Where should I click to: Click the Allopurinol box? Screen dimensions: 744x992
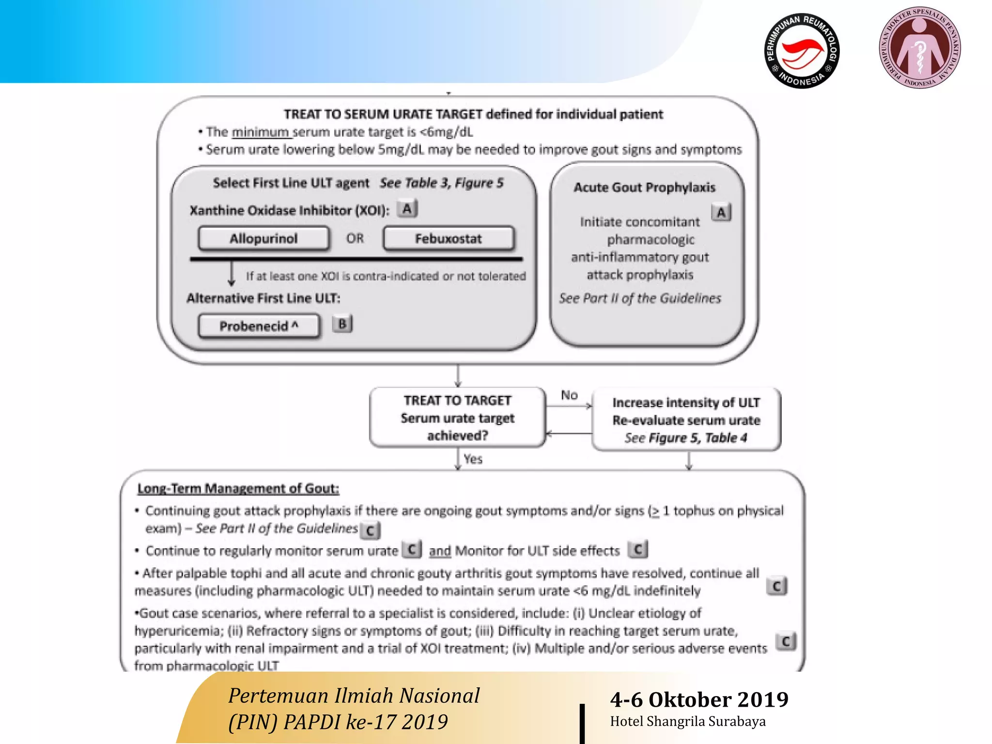[x=263, y=238]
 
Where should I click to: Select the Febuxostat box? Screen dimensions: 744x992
[x=449, y=238]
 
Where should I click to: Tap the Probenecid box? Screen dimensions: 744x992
[x=259, y=326]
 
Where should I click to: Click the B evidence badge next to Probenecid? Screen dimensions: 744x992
[x=342, y=324]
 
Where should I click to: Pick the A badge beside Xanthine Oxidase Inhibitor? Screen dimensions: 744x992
[x=407, y=209]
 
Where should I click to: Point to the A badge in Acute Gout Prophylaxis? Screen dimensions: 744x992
[x=721, y=212]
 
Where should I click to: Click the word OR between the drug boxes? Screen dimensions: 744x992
[x=355, y=238]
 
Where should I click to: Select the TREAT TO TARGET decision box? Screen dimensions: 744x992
[x=457, y=418]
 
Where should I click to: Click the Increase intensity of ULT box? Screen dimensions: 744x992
[x=686, y=419]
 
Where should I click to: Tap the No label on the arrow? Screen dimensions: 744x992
[x=569, y=395]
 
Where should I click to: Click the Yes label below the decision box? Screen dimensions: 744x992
[x=473, y=459]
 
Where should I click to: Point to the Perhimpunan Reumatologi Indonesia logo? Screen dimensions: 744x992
[x=802, y=51]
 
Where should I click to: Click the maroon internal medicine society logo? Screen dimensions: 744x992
[x=919, y=48]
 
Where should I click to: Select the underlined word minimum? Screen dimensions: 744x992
[x=261, y=132]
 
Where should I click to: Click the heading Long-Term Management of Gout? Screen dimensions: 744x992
[x=238, y=488]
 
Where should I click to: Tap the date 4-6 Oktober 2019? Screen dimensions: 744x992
[x=699, y=699]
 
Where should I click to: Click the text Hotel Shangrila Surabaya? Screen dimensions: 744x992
[x=687, y=721]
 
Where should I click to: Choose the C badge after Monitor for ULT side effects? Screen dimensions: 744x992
[x=637, y=549]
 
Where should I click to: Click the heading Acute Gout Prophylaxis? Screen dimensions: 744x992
[x=644, y=187]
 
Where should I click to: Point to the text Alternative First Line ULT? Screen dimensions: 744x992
[x=263, y=298]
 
